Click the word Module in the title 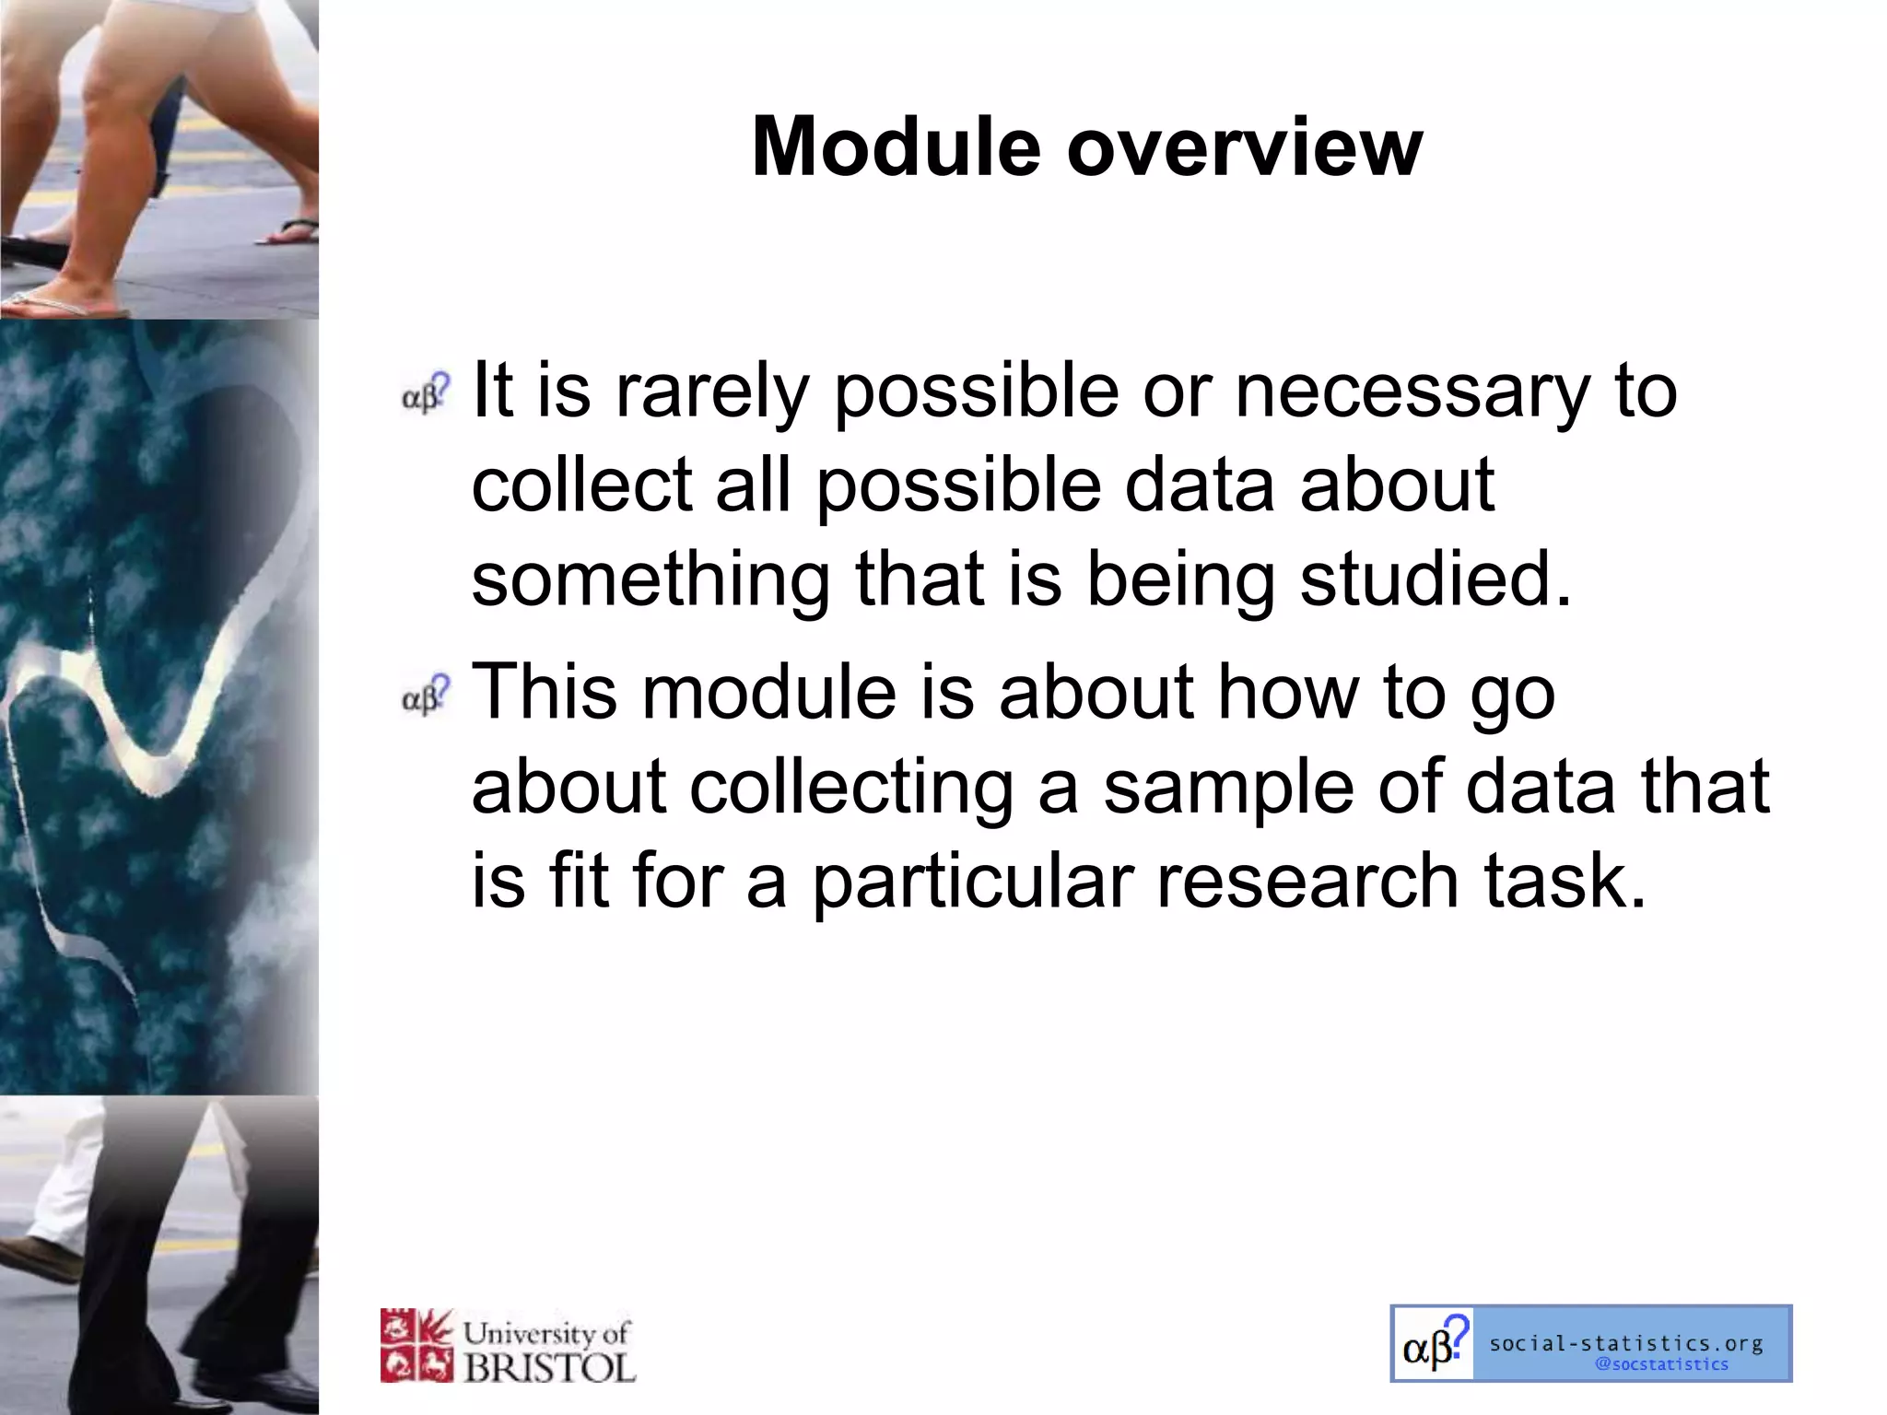(896, 147)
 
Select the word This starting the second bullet (544, 692)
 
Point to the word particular (972, 883)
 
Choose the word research (1307, 882)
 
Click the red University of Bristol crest (416, 1345)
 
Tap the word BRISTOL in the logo (550, 1367)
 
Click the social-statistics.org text (1626, 1343)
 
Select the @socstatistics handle (1661, 1364)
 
